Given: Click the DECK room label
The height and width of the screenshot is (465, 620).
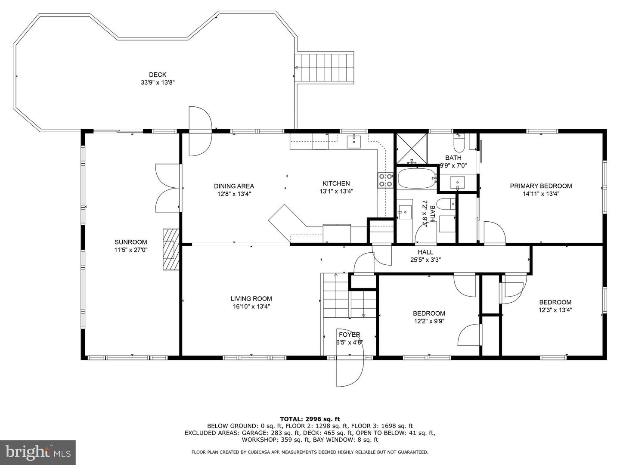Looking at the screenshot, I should click(158, 75).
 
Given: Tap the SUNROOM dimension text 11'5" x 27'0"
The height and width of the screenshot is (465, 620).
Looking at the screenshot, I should click(131, 250).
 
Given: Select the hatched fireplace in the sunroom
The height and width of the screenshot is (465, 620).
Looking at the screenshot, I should click(170, 249).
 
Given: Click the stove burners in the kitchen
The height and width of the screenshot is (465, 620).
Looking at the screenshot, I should click(385, 180).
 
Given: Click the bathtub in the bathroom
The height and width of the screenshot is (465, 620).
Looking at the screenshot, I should click(416, 178).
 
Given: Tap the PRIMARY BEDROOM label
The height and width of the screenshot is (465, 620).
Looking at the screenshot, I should click(541, 186).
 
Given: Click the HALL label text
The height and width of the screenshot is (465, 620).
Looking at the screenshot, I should click(425, 252).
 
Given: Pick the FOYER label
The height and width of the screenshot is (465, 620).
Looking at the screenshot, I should click(349, 335).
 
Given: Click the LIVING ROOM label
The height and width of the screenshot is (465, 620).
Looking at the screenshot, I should click(251, 299).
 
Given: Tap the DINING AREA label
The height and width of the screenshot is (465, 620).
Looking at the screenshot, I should click(234, 186).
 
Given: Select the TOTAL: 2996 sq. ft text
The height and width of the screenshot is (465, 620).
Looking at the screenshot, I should click(310, 418).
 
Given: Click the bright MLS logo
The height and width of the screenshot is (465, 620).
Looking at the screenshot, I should click(37, 452).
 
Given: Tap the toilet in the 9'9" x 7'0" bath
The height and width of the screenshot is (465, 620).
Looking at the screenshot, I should click(459, 142).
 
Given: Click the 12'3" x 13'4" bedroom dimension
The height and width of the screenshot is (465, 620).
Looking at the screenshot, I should click(555, 310).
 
